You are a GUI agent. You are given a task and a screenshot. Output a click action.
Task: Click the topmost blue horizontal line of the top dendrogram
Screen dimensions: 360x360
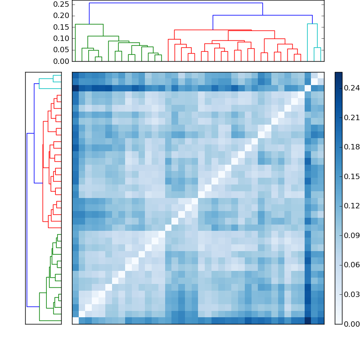tap(175, 3)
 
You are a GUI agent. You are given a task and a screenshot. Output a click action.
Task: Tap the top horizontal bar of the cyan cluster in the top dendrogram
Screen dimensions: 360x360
tap(312, 24)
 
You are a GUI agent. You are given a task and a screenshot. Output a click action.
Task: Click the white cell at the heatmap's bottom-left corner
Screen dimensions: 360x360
tap(75, 320)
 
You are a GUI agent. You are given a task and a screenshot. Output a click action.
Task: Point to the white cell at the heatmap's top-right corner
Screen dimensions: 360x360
tap(320, 75)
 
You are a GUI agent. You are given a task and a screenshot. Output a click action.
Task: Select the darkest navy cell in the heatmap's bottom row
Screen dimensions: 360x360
tap(307, 320)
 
